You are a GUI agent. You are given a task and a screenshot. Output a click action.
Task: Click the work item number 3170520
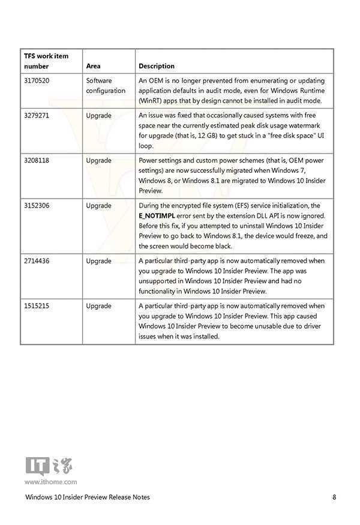[x=37, y=80]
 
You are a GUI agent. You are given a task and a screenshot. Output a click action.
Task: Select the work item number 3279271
[x=37, y=115]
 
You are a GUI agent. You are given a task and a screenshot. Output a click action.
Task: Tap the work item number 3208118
[x=37, y=161]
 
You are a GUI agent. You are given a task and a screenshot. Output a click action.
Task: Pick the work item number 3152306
[x=37, y=206]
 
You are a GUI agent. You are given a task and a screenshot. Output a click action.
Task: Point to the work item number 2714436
[x=37, y=261]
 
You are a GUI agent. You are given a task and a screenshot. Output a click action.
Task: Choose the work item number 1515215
[x=37, y=306]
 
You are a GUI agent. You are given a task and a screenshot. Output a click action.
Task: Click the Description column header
[x=157, y=66]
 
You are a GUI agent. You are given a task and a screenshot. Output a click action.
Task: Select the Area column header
[x=93, y=66]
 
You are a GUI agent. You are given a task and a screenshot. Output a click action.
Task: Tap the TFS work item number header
[x=46, y=61]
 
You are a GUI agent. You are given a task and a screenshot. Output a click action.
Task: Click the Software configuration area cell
[x=106, y=85]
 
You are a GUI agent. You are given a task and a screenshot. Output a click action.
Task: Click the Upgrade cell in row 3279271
[x=98, y=115]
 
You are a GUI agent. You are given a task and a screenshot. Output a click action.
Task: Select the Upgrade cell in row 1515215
[x=98, y=306]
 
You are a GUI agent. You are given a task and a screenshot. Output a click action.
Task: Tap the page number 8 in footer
[x=334, y=497]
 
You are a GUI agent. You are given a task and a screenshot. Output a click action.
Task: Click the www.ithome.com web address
[x=50, y=481]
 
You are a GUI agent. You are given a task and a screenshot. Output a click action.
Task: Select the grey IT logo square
[x=37, y=466]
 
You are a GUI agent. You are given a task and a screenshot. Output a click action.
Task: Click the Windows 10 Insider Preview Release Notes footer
[x=88, y=497]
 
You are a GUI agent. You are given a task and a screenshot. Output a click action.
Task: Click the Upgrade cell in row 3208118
[x=98, y=161]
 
